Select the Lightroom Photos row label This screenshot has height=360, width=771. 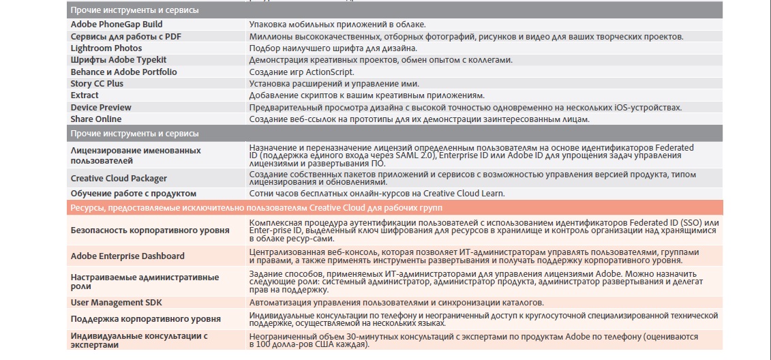[x=106, y=48]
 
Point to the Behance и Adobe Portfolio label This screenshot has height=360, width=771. [x=123, y=72]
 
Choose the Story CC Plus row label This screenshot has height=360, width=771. [x=97, y=83]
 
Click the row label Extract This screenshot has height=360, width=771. [x=85, y=95]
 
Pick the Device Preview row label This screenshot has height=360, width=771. [x=101, y=108]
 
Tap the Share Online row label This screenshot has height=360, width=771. [x=96, y=119]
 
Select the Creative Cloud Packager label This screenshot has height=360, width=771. [x=119, y=179]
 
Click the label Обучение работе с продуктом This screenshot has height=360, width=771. [x=133, y=194]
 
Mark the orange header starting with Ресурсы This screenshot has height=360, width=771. [x=258, y=208]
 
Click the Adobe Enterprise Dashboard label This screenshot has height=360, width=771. [x=127, y=256]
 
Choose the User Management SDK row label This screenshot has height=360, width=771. [x=117, y=302]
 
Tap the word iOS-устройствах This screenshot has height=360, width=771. [x=648, y=108]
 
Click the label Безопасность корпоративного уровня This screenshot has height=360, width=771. [x=150, y=230]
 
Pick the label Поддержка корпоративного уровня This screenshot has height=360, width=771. [x=146, y=319]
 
